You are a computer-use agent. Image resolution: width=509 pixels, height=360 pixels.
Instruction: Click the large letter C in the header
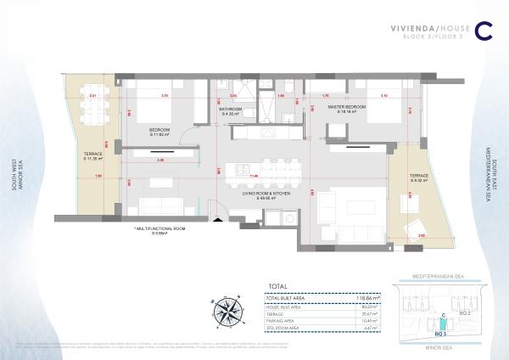coord(484,30)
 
